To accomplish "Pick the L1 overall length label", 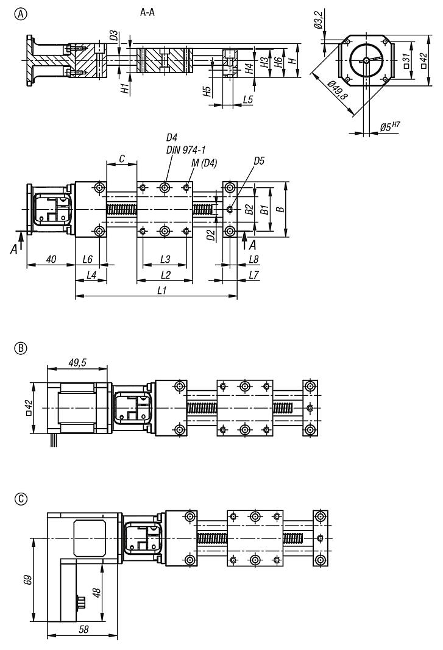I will (161, 291).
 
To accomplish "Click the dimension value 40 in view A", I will (51, 259).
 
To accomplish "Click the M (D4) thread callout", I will (204, 162).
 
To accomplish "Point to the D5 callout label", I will (259, 161).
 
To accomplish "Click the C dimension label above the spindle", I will (122, 159).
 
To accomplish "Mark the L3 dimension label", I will (165, 259).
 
